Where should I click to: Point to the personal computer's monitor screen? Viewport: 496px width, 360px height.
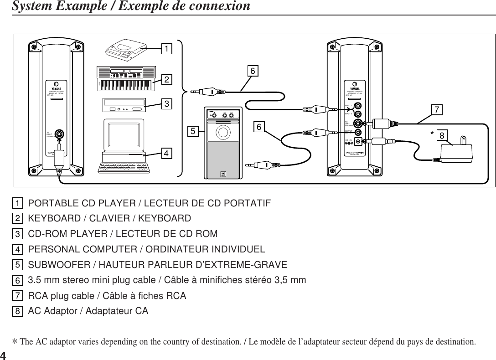[124, 134]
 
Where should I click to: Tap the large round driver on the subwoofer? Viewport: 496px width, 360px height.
[223, 132]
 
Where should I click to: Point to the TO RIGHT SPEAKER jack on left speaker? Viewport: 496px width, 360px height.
[59, 134]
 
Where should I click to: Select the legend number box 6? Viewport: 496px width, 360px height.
[17, 280]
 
